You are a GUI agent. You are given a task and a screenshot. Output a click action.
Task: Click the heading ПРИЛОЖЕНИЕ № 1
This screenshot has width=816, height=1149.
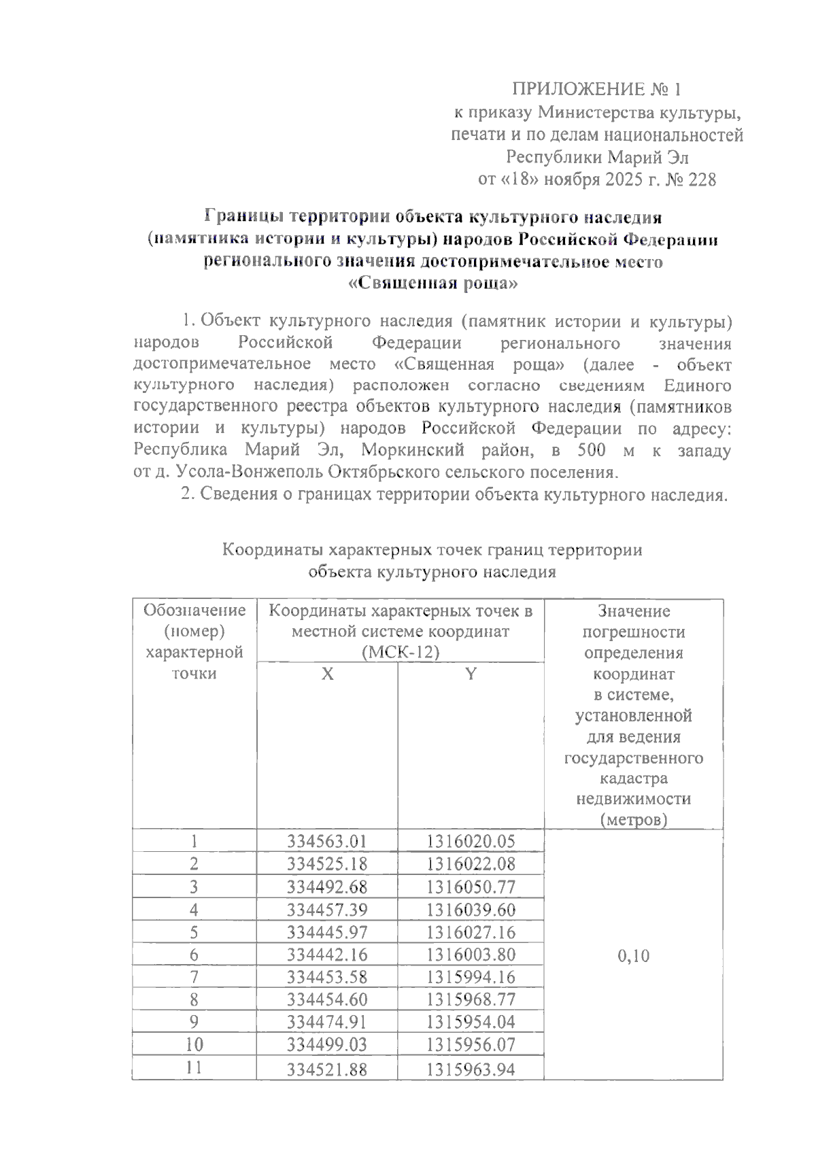tap(596, 90)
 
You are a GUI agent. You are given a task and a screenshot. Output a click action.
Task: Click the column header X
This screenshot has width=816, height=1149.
tap(327, 674)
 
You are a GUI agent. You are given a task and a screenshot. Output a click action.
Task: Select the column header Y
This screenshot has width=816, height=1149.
tap(471, 674)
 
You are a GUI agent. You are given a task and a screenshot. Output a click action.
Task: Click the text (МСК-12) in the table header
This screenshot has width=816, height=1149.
tap(401, 653)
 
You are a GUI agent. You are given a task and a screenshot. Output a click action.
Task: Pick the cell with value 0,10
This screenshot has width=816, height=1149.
tap(633, 956)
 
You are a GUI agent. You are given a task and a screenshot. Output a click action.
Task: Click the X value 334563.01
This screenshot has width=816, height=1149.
tap(327, 842)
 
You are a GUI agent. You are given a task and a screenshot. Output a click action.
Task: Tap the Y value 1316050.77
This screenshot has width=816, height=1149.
tap(471, 887)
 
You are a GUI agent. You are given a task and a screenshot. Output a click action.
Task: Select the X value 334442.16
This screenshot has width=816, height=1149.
tap(327, 955)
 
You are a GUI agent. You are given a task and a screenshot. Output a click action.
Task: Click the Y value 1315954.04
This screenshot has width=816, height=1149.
tap(471, 1022)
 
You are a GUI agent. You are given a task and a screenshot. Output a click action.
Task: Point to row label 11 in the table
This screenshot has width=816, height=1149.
tap(194, 1067)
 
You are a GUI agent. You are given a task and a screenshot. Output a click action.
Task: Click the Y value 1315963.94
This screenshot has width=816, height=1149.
tap(471, 1069)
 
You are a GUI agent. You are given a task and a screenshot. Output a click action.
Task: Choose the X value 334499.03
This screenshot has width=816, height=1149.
tap(327, 1044)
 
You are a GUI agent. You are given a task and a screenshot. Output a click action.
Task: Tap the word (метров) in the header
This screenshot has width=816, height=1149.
tap(633, 820)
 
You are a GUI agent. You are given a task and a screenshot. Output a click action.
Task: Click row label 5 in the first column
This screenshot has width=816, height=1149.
tap(194, 932)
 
